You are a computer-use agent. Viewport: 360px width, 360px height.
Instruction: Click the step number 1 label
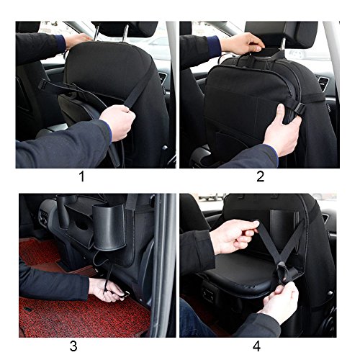coord(82,177)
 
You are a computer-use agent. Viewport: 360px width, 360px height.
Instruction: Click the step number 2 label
coord(260,177)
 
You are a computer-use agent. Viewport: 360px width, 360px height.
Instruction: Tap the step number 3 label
coord(73,346)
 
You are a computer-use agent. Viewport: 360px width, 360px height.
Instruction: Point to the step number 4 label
coord(256,346)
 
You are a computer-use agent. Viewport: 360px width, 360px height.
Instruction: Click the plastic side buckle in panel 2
coord(299,109)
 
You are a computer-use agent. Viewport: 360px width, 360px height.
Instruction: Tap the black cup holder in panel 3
coord(109,227)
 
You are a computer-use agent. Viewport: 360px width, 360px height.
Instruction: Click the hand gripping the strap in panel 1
coord(117,122)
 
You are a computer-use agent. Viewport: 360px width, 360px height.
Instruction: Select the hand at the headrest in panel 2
coord(242,44)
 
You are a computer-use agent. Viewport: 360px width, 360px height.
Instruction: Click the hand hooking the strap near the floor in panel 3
coord(106,289)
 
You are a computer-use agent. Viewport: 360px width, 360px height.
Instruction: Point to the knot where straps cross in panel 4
coord(284,271)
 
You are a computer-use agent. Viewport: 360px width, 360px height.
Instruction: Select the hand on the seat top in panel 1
coord(78,40)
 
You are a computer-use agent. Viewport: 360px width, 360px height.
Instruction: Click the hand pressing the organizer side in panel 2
coord(283,128)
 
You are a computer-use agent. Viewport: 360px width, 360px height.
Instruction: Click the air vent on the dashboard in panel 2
coord(323,84)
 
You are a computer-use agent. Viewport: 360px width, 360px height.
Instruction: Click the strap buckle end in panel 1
coord(42,84)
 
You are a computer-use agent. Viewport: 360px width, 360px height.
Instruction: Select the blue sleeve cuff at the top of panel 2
coord(214,47)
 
